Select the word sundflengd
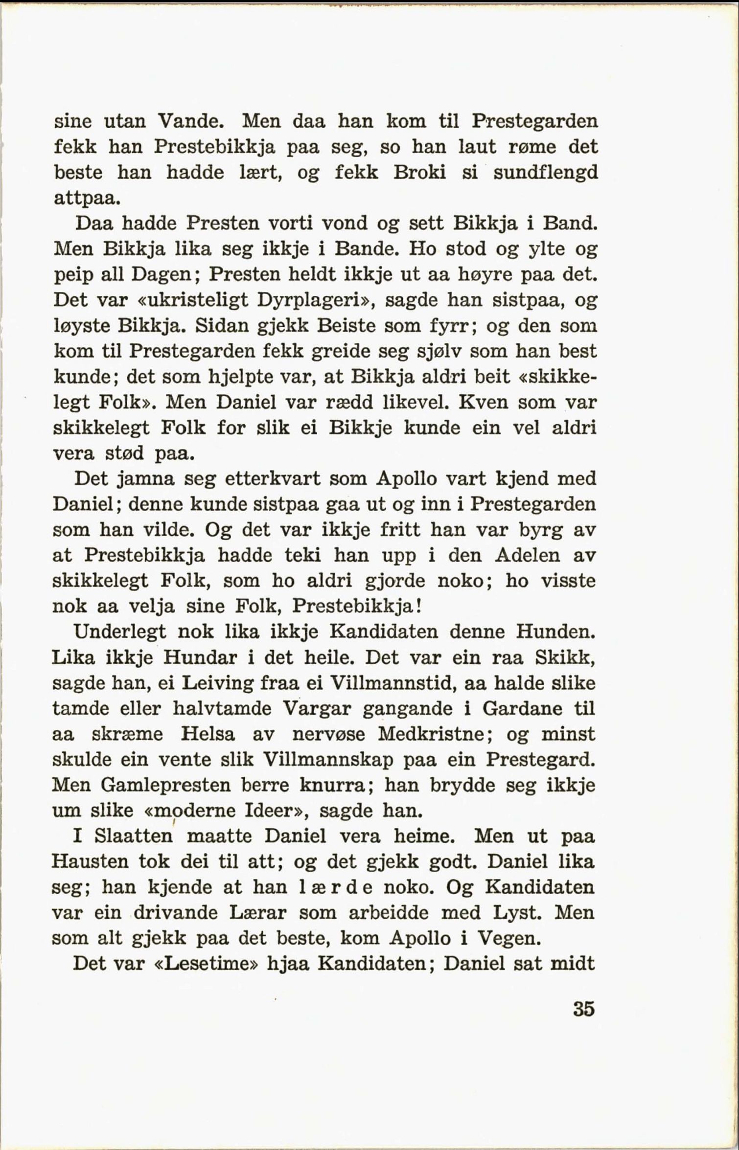pyautogui.click(x=545, y=173)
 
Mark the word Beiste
pyautogui.click(x=347, y=325)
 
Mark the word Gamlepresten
pyautogui.click(x=166, y=785)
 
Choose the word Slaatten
pyautogui.click(x=133, y=836)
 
